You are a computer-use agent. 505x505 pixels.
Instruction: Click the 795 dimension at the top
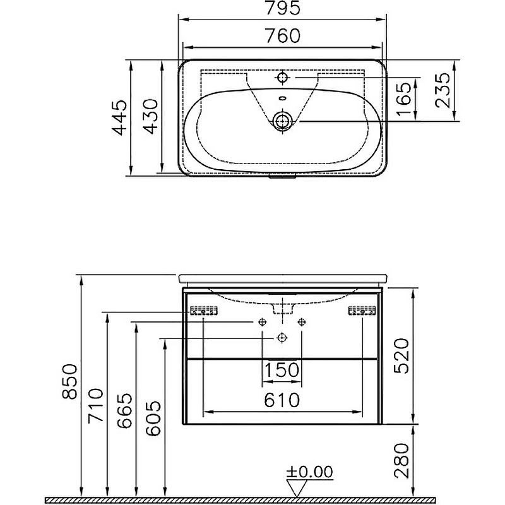pos(282,9)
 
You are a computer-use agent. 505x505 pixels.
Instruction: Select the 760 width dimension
pos(282,37)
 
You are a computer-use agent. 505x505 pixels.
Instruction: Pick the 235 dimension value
pos(443,91)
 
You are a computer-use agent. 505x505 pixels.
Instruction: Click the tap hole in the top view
pos(282,78)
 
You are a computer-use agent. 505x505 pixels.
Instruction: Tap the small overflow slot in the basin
pos(282,98)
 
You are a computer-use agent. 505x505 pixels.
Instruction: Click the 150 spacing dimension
pos(282,371)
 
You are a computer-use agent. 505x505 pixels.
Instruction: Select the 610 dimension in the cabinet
pos(282,400)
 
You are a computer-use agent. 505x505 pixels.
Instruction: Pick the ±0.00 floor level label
pos(309,472)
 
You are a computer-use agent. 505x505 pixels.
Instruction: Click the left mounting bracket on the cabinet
pos(204,311)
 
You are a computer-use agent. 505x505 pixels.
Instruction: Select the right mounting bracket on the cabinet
pos(362,311)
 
